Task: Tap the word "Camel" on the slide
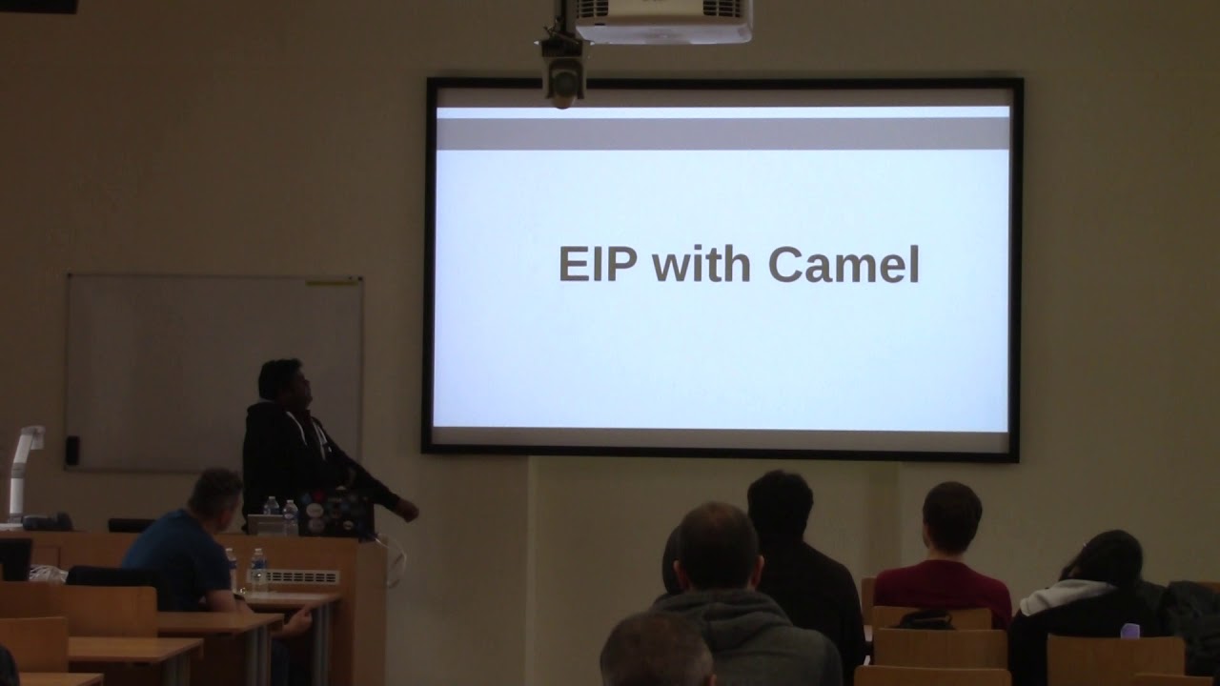click(x=844, y=266)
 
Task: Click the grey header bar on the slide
click(x=722, y=132)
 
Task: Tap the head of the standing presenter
click(x=280, y=384)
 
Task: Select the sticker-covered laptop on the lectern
click(x=333, y=514)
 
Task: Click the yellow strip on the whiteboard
click(x=334, y=281)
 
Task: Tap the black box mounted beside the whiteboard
click(x=71, y=451)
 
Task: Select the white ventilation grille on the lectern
click(x=304, y=576)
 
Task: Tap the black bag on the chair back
click(x=924, y=620)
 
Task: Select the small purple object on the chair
click(x=1129, y=631)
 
